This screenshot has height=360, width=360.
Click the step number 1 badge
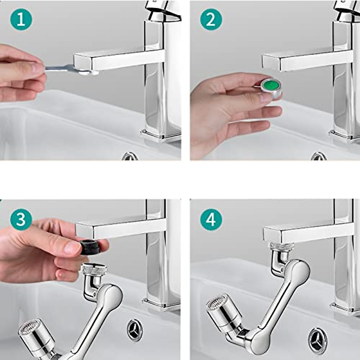click(21, 19)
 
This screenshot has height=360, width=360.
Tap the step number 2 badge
click(211, 19)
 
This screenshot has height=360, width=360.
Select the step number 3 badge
click(21, 219)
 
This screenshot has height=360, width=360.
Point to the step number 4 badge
click(211, 219)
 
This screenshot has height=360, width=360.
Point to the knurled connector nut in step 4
click(281, 247)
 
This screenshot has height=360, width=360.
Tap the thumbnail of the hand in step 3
click(72, 247)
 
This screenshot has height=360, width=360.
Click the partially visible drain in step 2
click(319, 157)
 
